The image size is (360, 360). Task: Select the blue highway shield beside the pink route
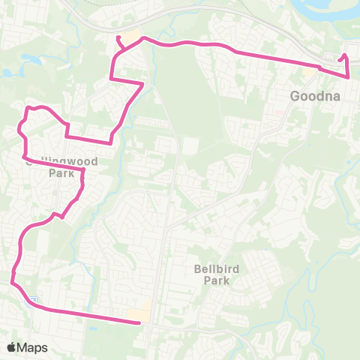coord(34,302)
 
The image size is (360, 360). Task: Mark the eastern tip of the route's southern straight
coord(140,323)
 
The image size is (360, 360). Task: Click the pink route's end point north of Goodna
coord(344,55)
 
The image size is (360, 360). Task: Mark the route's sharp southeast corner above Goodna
coord(349,76)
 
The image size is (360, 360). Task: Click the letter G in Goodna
coord(295,97)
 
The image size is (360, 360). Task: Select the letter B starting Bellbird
coord(196,269)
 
